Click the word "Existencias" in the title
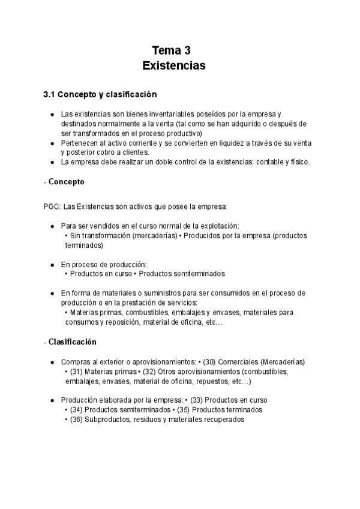[174, 65]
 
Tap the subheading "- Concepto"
[64, 181]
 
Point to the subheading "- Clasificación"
[70, 342]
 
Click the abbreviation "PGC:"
[52, 206]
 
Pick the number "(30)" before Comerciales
[209, 362]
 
